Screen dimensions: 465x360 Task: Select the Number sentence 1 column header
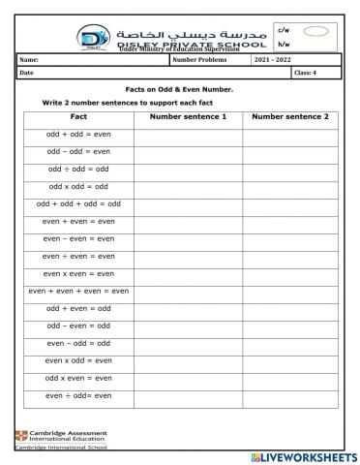188,116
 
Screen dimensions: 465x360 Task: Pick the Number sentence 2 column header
289,116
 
